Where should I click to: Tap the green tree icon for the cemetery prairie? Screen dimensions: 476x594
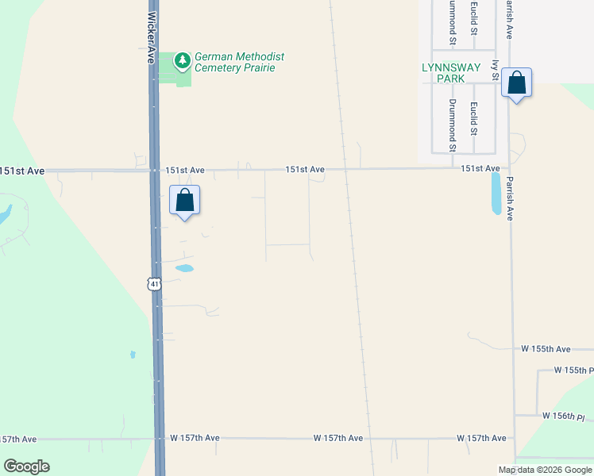tap(183, 59)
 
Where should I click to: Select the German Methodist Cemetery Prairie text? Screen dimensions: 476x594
tap(239, 63)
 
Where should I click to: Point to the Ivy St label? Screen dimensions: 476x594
tap(495, 70)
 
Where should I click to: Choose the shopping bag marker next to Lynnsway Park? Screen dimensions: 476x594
tap(516, 83)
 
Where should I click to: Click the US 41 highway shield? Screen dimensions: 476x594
tap(154, 282)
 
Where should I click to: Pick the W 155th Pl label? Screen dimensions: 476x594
tap(573, 370)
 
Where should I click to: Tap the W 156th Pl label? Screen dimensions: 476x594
tap(563, 416)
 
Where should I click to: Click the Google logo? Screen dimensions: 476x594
tap(26, 466)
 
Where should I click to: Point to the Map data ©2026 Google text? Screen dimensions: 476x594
tap(546, 470)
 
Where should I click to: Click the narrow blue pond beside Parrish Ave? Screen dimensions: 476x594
tap(496, 194)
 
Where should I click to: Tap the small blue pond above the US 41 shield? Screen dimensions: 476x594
tap(184, 268)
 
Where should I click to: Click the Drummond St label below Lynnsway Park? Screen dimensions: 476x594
tap(452, 125)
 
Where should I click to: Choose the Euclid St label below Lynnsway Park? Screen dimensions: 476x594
tap(473, 119)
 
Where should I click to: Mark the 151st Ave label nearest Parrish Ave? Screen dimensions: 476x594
tap(480, 168)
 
